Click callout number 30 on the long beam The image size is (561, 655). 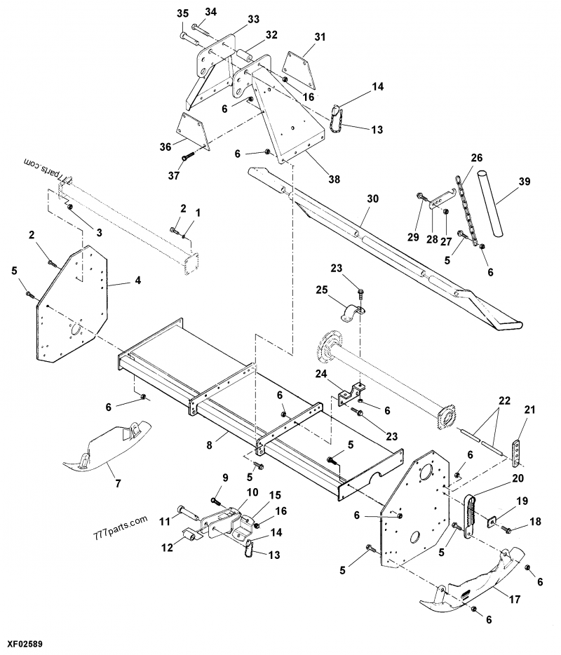coord(372,200)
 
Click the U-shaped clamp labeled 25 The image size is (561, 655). coord(351,312)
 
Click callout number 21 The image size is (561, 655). coord(529,410)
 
